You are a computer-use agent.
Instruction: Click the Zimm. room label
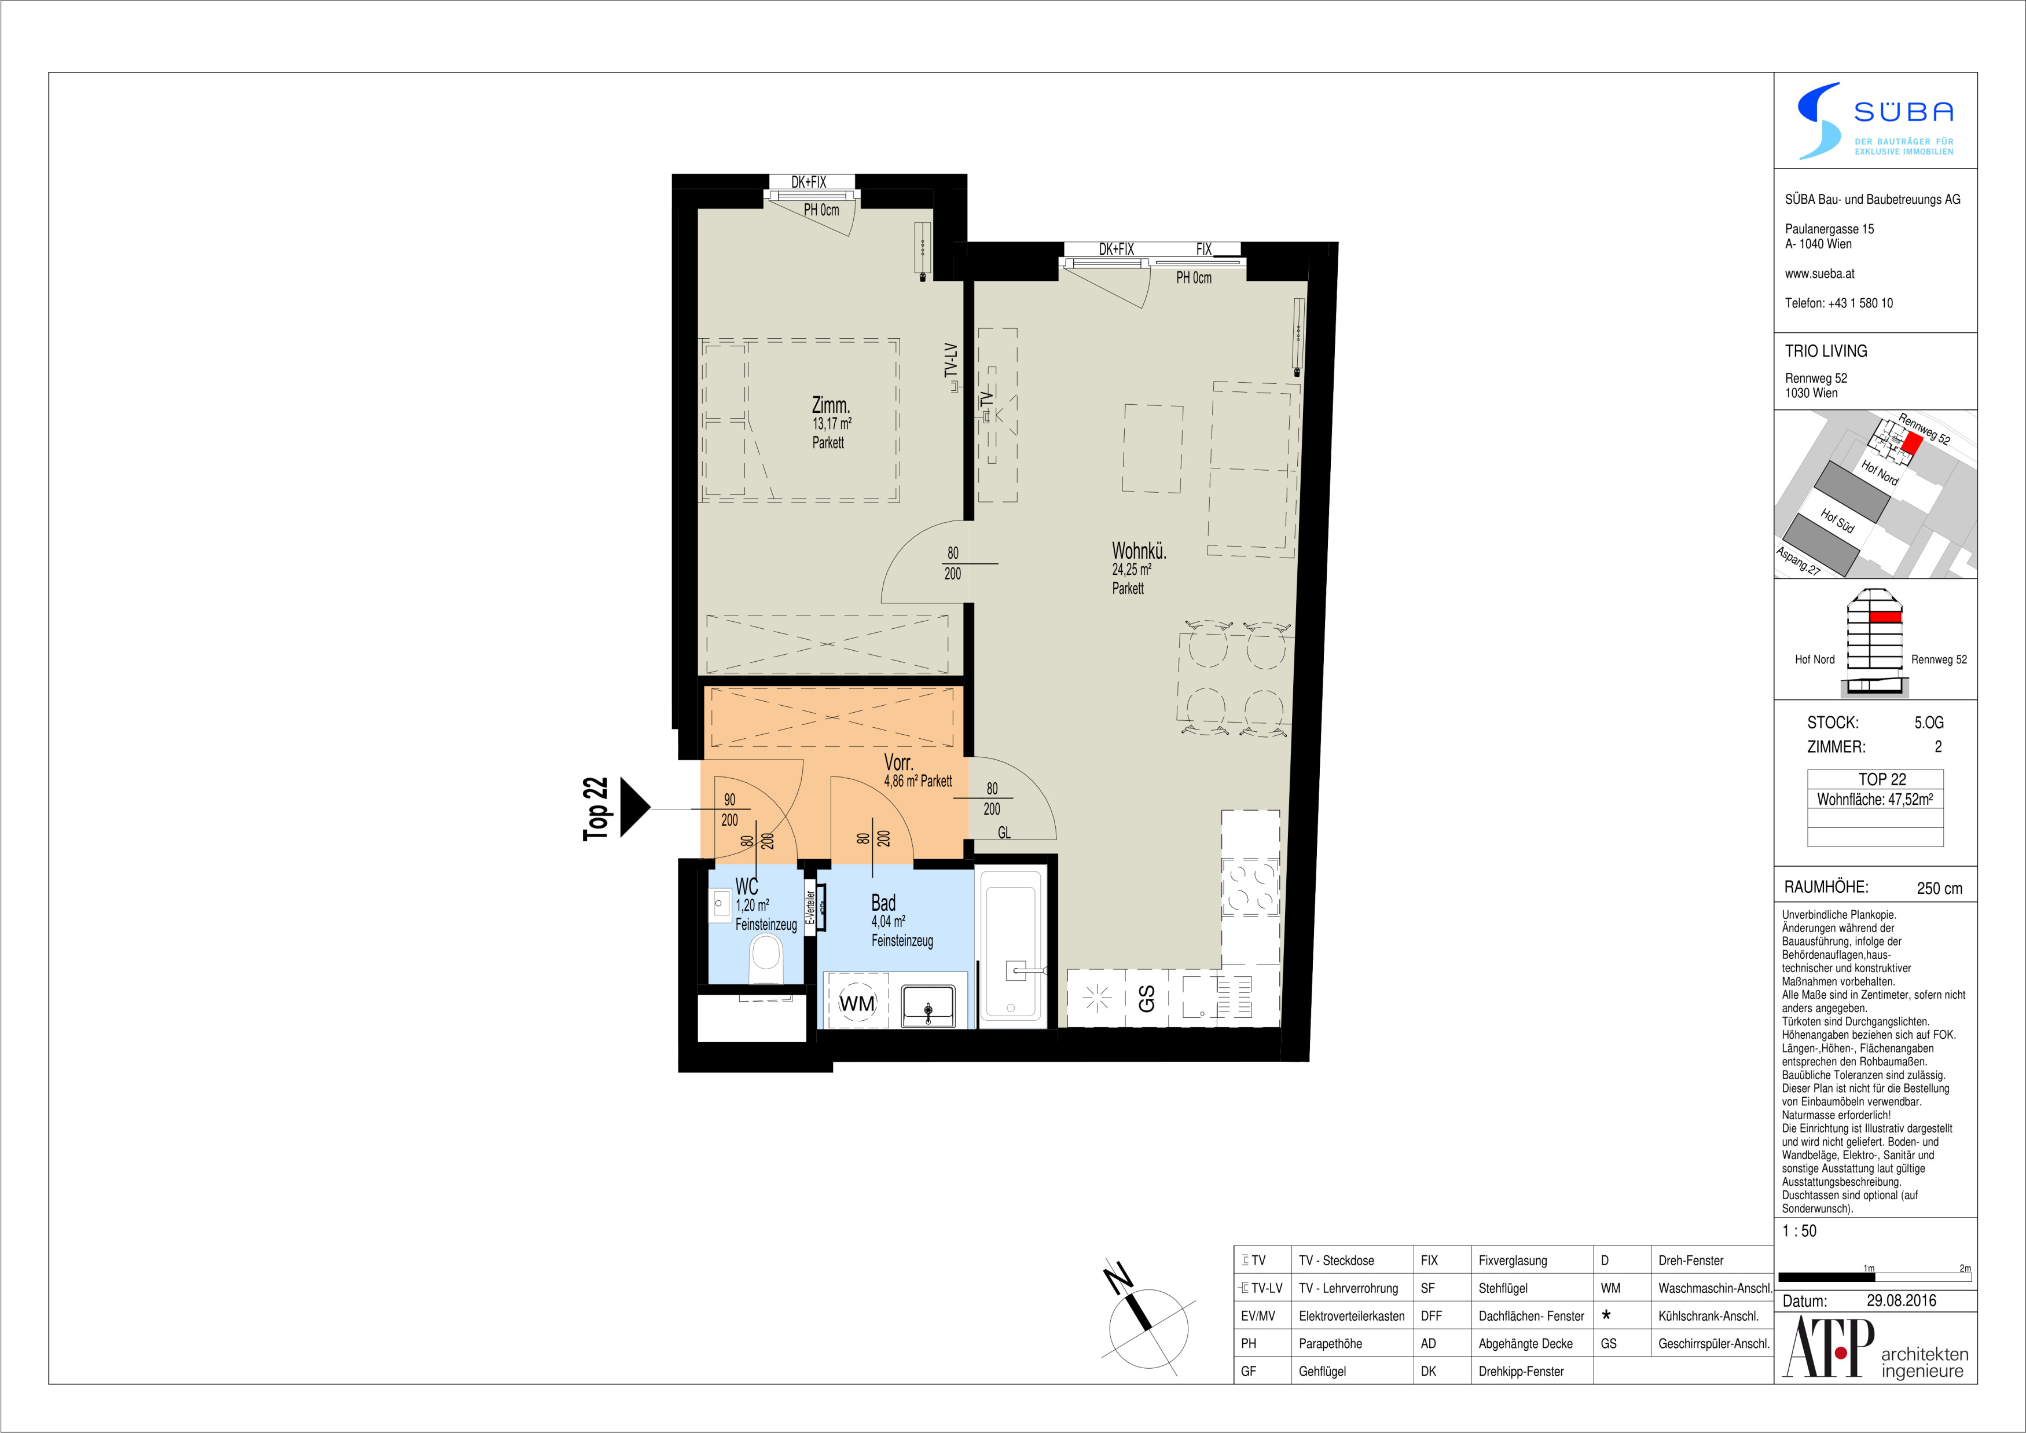click(830, 406)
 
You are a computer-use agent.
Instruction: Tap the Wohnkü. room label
click(1138, 552)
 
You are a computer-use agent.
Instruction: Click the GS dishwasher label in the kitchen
click(1146, 999)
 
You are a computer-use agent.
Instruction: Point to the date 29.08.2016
click(1901, 1300)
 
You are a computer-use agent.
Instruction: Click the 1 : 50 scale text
click(1799, 1231)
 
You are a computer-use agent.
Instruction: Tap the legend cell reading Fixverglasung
click(1513, 1260)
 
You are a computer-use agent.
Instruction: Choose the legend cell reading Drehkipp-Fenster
click(1521, 1371)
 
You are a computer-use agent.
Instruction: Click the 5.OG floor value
click(1928, 723)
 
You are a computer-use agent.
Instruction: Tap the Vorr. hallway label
click(898, 763)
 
